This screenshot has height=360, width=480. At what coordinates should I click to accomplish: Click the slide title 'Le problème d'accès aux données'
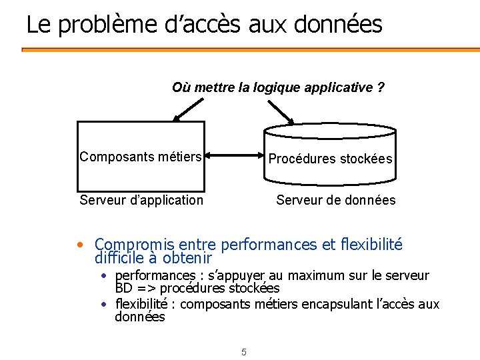click(204, 25)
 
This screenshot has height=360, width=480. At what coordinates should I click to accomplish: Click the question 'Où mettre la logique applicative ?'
click(278, 87)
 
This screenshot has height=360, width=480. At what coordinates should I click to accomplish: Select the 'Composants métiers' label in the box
click(141, 157)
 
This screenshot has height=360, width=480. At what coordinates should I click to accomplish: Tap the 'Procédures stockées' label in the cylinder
click(330, 159)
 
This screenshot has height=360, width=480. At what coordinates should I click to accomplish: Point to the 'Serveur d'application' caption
click(141, 200)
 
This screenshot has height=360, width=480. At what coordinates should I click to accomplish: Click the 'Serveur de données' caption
click(335, 200)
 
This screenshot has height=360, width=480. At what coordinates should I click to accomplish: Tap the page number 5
click(244, 352)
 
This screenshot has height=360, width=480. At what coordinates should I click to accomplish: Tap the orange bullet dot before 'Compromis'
click(80, 245)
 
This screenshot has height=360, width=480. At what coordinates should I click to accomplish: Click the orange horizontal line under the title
click(251, 49)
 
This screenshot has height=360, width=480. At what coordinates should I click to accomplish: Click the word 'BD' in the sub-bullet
click(124, 289)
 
